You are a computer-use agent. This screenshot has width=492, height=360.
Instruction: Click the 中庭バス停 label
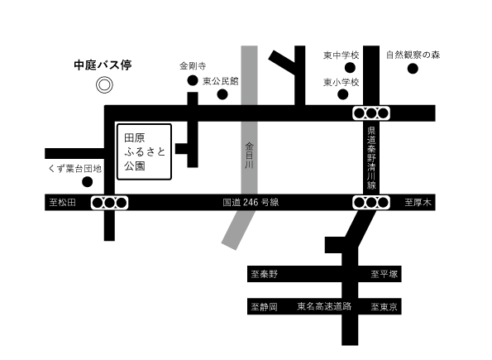103,64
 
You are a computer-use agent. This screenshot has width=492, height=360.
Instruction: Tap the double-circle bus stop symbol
104,84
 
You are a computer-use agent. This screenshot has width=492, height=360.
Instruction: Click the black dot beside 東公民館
222,94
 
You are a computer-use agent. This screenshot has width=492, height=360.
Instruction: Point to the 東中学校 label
341,55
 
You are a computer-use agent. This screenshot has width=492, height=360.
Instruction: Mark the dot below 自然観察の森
413,70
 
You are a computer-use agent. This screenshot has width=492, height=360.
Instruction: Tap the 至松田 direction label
62,202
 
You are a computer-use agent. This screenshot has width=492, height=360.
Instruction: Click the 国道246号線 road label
251,202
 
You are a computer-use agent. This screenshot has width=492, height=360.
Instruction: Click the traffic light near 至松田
109,202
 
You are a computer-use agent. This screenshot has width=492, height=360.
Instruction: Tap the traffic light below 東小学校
371,112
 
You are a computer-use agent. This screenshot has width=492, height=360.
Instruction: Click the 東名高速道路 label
324,306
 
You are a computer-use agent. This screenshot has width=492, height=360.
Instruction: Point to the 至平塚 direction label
385,273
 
